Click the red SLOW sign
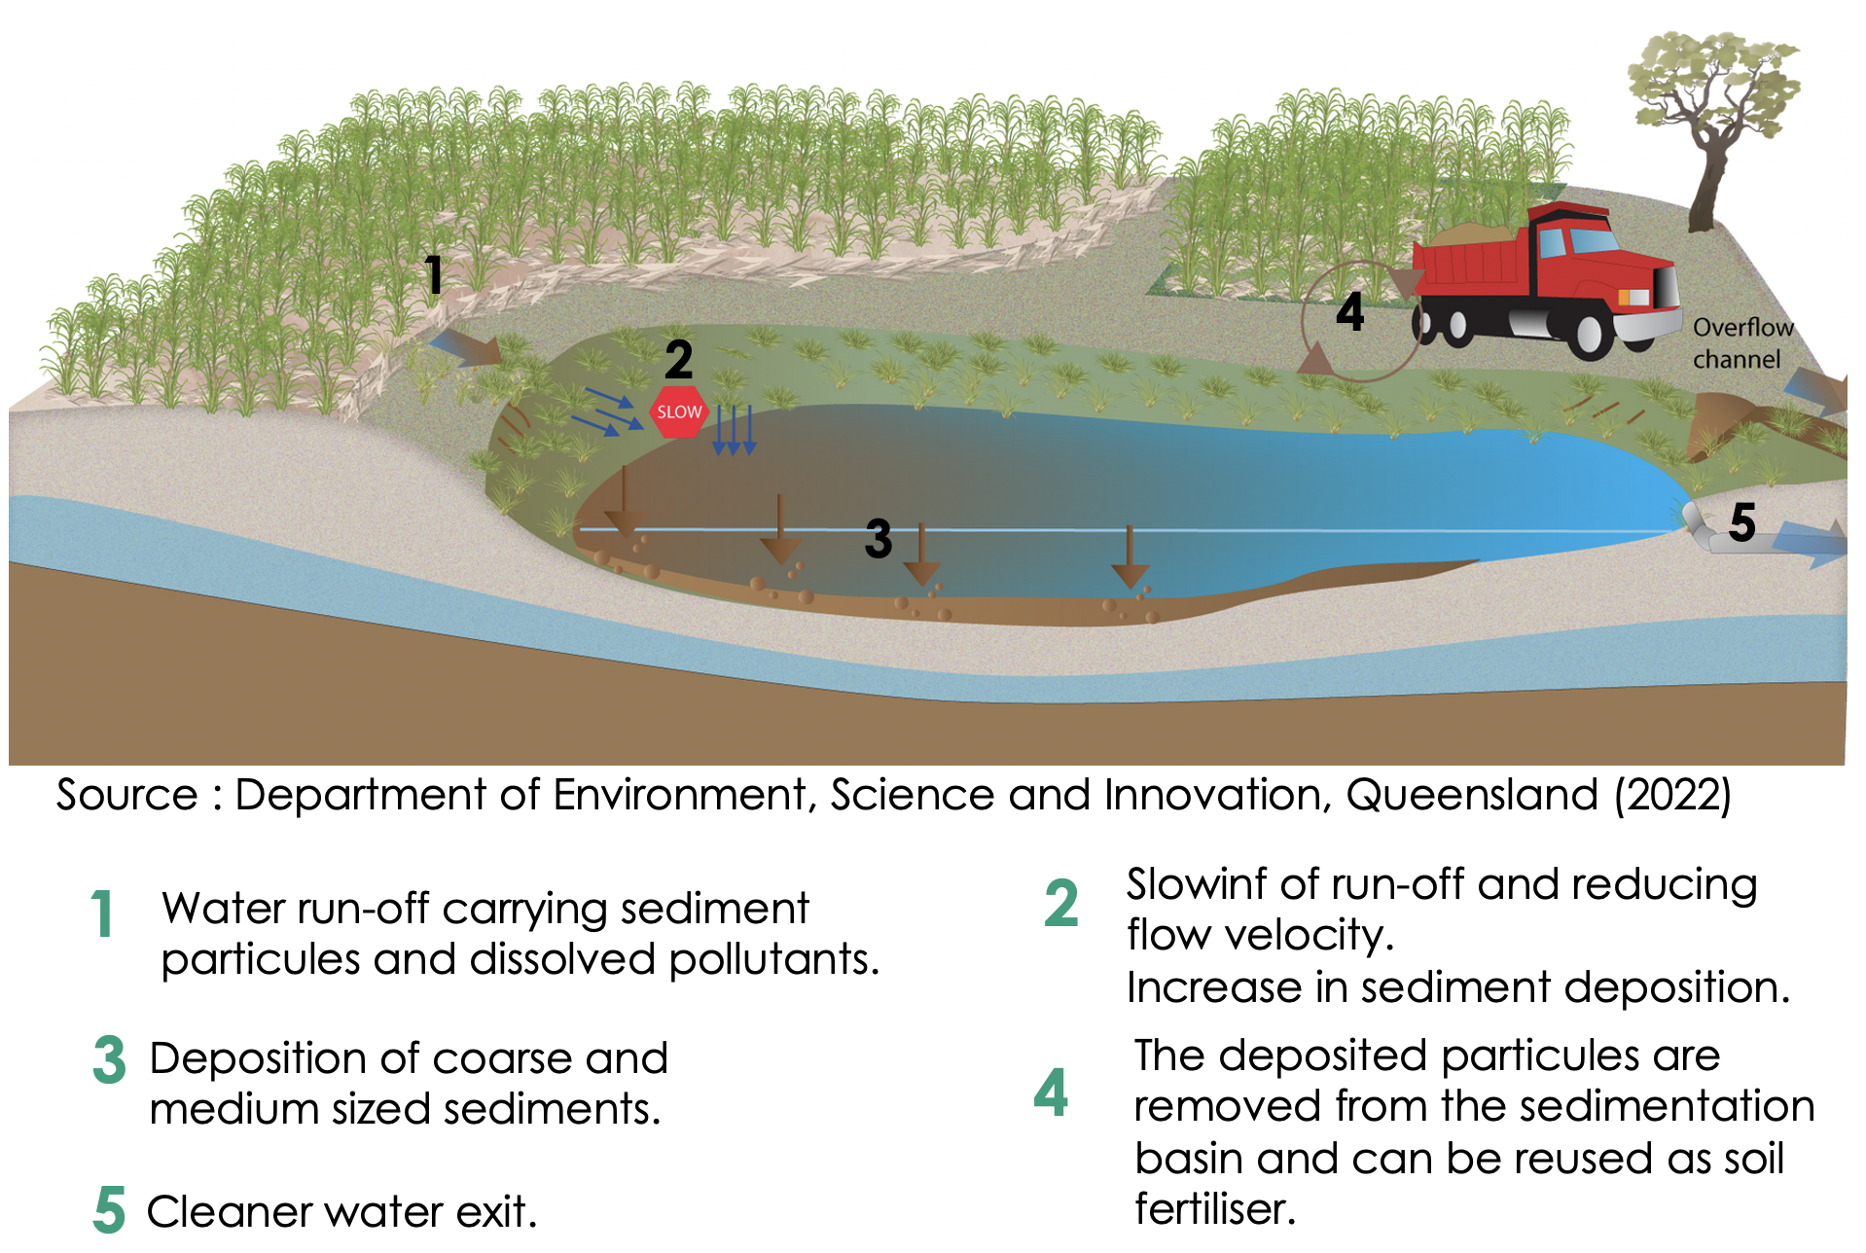[678, 412]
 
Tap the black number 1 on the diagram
[434, 275]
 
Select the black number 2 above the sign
[678, 360]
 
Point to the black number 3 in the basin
[878, 538]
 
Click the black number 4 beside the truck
[1349, 311]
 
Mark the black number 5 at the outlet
[1742, 522]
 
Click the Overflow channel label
[1741, 342]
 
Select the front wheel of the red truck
[1589, 334]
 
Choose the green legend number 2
[1061, 902]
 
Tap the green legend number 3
[109, 1059]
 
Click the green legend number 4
[1051, 1092]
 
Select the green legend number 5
[109, 1209]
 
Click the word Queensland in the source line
[1472, 794]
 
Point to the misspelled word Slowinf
[1198, 884]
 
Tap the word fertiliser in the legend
[1215, 1208]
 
